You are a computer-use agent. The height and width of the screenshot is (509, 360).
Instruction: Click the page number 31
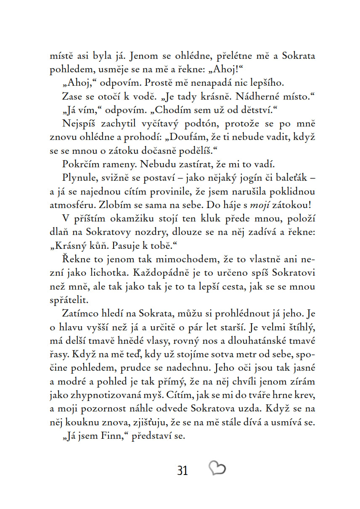(x=182, y=470)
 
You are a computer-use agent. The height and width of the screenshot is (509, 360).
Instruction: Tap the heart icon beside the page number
(x=217, y=468)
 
